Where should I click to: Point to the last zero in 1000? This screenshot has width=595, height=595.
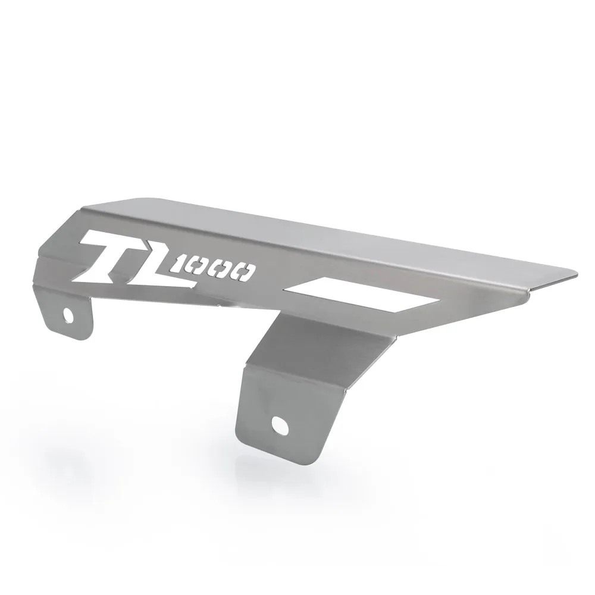pyautogui.click(x=244, y=274)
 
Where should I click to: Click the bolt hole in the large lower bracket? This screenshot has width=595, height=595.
pyautogui.click(x=278, y=424)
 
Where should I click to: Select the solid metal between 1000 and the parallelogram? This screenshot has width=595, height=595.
pyautogui.click(x=271, y=280)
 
